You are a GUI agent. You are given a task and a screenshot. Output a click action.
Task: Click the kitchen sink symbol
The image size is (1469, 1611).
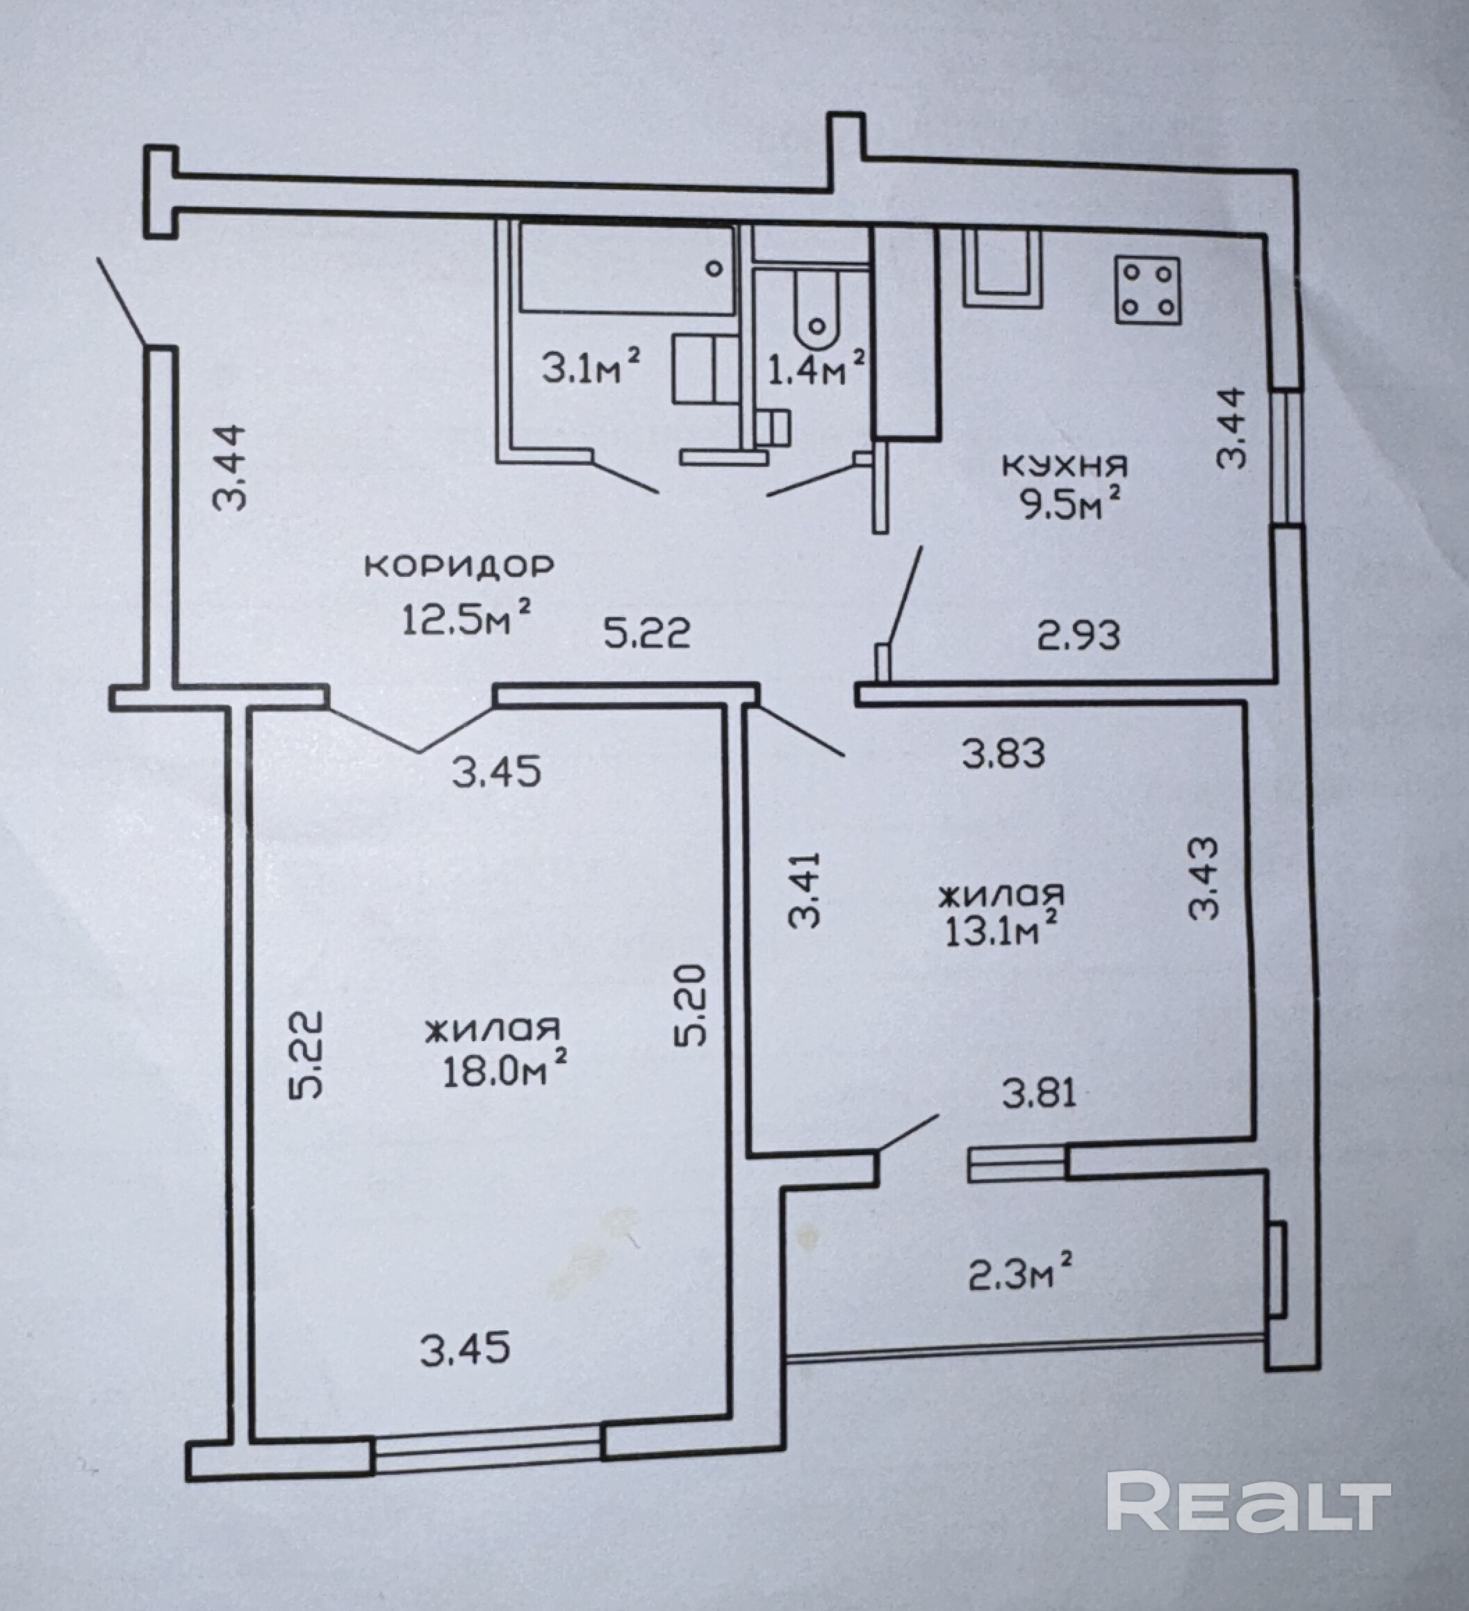pyautogui.click(x=1003, y=268)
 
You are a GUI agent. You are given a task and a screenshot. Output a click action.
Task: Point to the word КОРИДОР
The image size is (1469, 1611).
pyautogui.click(x=459, y=566)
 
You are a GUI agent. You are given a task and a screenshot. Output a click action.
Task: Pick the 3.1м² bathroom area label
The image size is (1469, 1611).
pyautogui.click(x=591, y=367)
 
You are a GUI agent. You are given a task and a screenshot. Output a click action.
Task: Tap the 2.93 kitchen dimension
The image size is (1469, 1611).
pyautogui.click(x=1079, y=635)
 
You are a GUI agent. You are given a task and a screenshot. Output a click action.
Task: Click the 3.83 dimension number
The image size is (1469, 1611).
pyautogui.click(x=1003, y=753)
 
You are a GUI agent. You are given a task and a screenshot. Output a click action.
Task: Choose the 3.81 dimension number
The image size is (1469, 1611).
pyautogui.click(x=1040, y=1093)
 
